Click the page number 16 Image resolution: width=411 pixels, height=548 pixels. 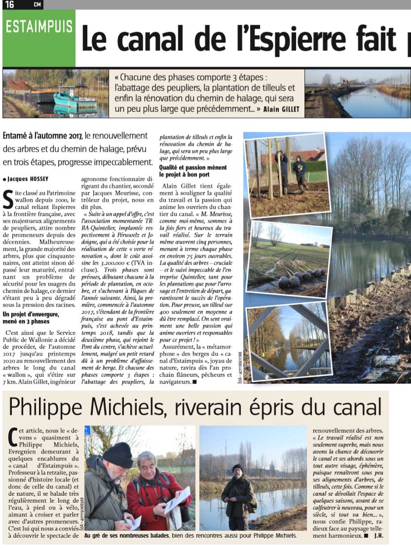pos(10,4)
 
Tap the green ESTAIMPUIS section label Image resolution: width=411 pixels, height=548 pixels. pos(39,26)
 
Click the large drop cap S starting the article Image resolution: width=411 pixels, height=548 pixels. pos(8,200)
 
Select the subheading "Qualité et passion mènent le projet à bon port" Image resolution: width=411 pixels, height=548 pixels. pos(193,171)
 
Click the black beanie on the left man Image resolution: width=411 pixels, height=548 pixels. pos(117,454)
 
